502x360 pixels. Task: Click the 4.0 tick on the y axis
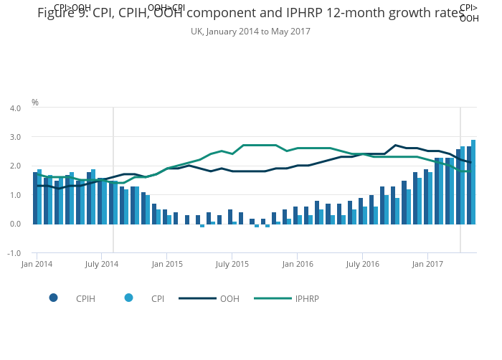point(15,108)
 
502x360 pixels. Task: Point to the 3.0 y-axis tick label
point(15,137)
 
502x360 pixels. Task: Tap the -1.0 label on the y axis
point(14,253)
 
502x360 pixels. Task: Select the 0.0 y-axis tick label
point(15,224)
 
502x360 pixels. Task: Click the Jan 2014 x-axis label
point(37,265)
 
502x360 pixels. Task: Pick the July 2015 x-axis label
point(232,265)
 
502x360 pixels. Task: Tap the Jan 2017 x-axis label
point(427,265)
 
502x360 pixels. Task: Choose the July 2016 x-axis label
point(362,265)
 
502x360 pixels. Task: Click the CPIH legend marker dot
point(54,298)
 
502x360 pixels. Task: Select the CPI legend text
point(158,298)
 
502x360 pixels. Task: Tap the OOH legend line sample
point(197,298)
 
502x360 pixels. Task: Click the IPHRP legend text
point(308,298)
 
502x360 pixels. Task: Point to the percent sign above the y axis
point(35,103)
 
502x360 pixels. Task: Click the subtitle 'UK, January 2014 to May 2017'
point(251,32)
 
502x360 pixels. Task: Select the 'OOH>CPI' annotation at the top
point(166,8)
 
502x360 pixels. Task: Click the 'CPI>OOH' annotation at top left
point(72,8)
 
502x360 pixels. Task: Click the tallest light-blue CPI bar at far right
point(473,181)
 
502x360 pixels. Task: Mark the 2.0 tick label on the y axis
point(15,166)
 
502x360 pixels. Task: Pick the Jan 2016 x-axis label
point(297,265)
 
